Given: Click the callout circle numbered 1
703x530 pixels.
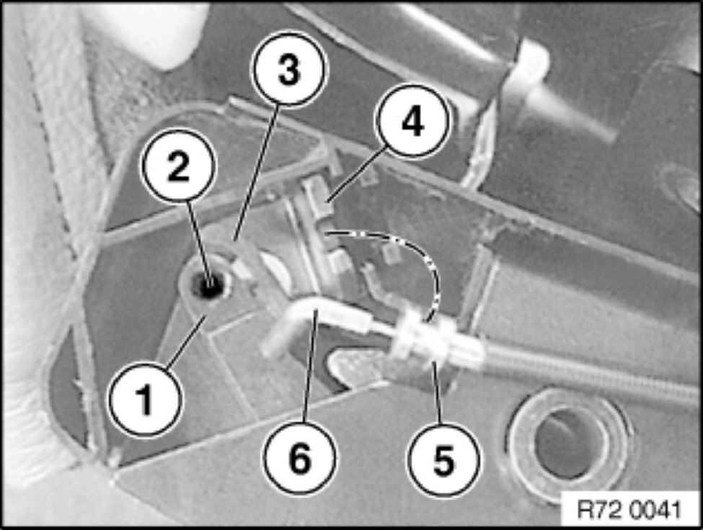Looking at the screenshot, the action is (x=146, y=399).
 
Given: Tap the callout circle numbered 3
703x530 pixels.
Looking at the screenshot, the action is (x=288, y=69).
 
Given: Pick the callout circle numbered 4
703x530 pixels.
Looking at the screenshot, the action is (x=412, y=121).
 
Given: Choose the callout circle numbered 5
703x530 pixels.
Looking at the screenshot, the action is (x=443, y=459).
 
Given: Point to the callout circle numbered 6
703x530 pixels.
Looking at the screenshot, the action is (x=299, y=457).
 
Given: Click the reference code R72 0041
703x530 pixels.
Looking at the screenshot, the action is (x=629, y=509).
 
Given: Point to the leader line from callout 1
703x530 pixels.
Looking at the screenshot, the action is (x=185, y=342).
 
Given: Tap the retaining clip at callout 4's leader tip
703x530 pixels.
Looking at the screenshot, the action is (x=318, y=197).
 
